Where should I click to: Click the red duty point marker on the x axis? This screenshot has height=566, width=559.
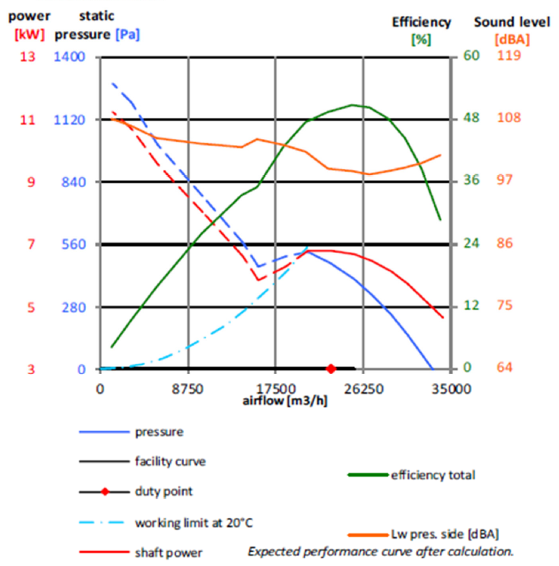331,368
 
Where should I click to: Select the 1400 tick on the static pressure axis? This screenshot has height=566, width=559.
70,56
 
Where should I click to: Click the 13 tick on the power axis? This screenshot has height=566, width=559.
28,56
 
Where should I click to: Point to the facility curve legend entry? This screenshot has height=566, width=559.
170,462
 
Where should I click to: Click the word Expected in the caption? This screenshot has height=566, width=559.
272,551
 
